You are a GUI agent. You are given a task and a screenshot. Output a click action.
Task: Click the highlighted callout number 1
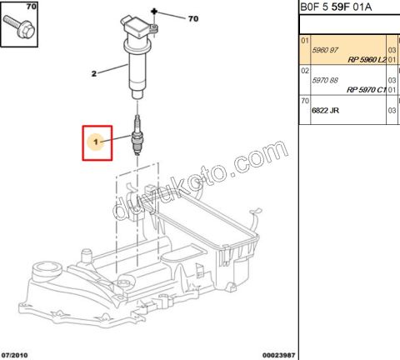[97, 143]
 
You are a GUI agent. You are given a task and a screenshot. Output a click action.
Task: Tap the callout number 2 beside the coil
[93, 74]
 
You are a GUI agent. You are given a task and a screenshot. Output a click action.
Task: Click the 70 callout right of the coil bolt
[193, 17]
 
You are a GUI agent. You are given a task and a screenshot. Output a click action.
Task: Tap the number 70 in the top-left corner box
[8, 7]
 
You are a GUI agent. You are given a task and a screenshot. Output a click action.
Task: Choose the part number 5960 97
[325, 50]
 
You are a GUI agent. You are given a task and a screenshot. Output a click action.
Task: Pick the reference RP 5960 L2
[364, 61]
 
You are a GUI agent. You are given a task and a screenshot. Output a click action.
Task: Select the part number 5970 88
[325, 80]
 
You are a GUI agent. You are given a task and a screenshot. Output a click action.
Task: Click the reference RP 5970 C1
[364, 90]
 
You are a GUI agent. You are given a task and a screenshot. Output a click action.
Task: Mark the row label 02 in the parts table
[305, 72]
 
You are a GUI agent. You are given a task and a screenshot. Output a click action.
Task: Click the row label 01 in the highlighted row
[305, 41]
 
